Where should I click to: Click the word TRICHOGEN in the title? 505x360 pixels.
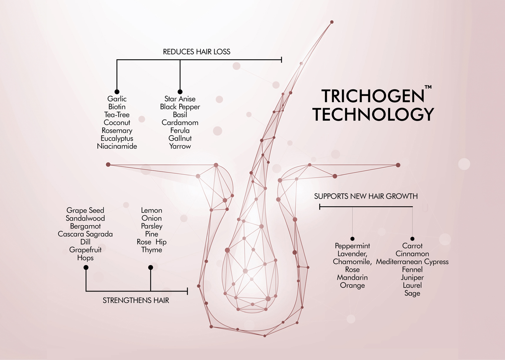point(373,96)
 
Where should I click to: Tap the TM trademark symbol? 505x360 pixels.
point(428,87)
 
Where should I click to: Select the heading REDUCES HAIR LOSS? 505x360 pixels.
point(197,52)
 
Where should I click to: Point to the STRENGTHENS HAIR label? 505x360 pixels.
point(136,300)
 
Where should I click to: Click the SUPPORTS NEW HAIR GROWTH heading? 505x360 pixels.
point(366,196)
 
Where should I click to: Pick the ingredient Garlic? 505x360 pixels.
point(117,99)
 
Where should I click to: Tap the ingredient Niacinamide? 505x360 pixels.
point(117,146)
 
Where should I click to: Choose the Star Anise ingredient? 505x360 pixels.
point(180,99)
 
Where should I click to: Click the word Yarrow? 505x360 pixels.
point(180,146)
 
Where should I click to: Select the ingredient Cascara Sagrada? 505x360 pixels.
point(85,234)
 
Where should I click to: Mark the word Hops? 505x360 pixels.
point(85,258)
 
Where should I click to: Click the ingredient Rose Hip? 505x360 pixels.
point(151,242)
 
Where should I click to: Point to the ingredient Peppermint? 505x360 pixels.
point(352,246)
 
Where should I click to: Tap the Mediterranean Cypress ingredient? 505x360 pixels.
point(412,262)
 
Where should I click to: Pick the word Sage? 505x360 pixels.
point(412,293)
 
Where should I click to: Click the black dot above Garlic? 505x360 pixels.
point(117,92)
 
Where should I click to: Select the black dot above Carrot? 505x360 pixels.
point(412,239)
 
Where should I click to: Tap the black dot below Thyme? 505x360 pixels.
point(151,267)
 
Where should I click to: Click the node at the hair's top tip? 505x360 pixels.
point(332,22)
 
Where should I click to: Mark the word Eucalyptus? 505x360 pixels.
point(117,138)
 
